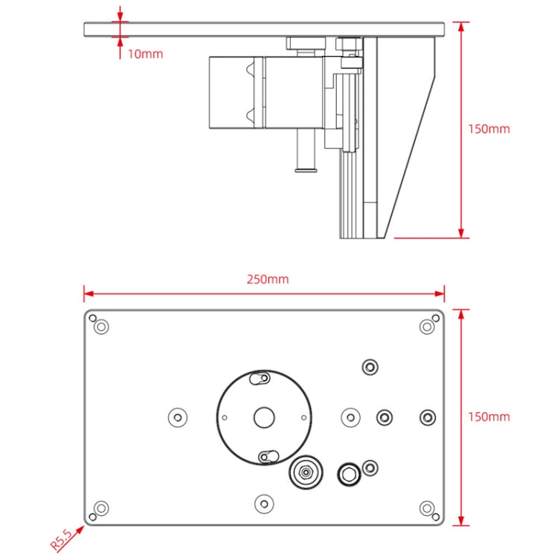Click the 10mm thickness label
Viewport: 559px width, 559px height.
point(145,54)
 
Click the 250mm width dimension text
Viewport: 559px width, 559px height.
point(268,279)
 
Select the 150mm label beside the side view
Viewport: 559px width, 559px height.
point(489,128)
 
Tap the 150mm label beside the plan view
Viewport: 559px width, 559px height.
point(489,416)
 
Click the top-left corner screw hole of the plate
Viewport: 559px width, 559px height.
point(101,326)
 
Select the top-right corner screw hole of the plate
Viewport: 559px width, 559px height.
point(427,326)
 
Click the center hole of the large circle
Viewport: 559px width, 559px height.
point(264,417)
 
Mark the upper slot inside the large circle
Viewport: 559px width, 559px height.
point(260,379)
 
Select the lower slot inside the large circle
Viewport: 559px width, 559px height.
point(267,456)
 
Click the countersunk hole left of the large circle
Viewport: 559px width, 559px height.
point(177,417)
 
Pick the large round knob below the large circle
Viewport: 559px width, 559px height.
point(305,472)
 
